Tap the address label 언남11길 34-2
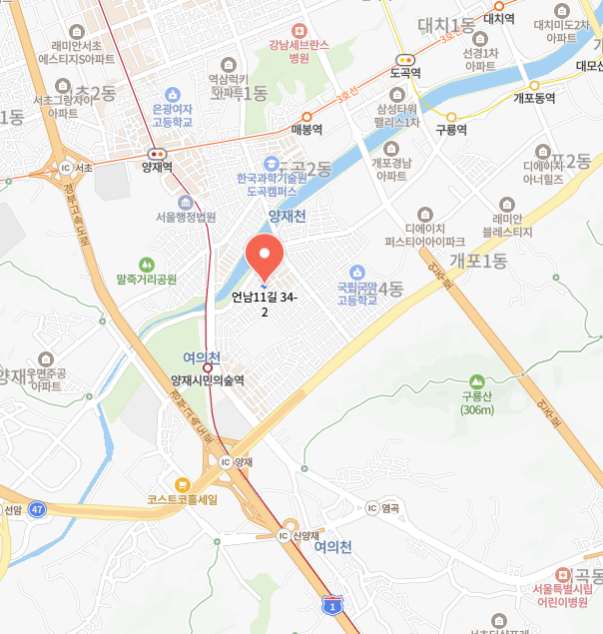[x=265, y=305]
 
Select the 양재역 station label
[x=158, y=168]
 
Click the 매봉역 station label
[x=306, y=129]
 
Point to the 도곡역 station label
[x=405, y=73]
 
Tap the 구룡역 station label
[x=451, y=130]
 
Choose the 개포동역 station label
[x=534, y=98]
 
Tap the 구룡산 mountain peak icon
[x=477, y=381]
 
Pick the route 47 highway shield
[x=37, y=508]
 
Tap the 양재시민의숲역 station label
[x=208, y=380]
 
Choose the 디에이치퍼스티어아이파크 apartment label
[x=425, y=235]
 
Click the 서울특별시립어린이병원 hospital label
[x=568, y=595]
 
